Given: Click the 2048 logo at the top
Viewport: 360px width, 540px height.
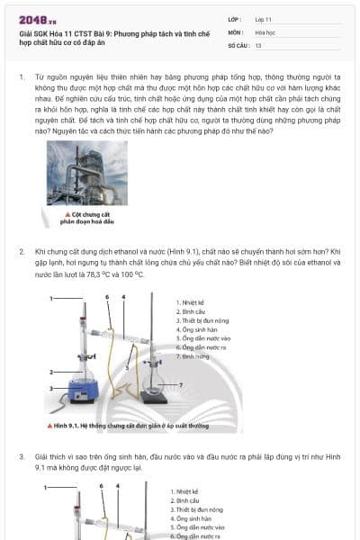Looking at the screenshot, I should [x=37, y=19].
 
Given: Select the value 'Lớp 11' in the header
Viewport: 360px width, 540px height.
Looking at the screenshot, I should [x=264, y=19].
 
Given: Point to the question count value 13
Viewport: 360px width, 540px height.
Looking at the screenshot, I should [x=258, y=44].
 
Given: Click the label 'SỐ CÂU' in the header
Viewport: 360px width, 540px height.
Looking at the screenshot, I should [x=237, y=44].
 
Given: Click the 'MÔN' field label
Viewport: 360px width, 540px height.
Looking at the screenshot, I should [x=235, y=31].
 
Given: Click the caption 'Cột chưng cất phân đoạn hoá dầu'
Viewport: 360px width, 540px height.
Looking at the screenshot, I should [x=89, y=217].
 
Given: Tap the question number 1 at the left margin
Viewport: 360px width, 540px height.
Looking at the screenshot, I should [x=22, y=77].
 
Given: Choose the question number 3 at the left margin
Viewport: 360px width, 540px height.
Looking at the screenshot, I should [x=22, y=457].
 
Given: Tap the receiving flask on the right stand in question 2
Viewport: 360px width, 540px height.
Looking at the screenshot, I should [x=154, y=387].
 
